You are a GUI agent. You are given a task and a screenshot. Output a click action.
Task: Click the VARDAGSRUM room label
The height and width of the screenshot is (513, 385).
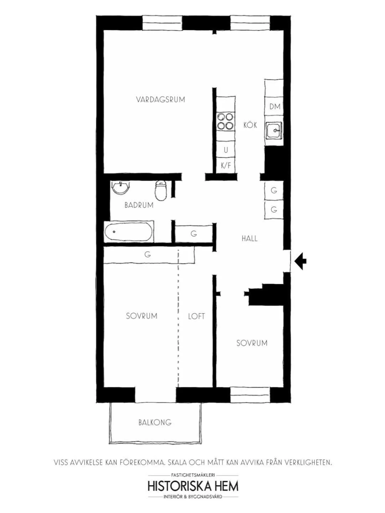160,100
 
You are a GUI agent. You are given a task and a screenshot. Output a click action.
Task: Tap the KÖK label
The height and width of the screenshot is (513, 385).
250,125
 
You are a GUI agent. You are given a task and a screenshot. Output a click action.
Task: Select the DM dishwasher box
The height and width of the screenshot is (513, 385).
274,106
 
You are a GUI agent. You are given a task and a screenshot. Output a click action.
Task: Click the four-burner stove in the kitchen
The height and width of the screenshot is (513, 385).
226,121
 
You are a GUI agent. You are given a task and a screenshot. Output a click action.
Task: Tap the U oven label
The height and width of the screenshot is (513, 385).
226,150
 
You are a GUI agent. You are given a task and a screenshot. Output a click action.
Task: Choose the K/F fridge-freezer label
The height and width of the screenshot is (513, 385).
226,165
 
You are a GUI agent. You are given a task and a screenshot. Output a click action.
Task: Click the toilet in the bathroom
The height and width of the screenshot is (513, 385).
161,190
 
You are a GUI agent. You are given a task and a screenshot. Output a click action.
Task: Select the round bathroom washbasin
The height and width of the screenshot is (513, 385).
120,188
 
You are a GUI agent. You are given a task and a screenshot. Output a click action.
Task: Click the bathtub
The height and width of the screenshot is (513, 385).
129,231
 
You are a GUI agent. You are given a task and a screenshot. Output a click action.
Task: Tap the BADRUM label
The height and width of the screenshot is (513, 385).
139,205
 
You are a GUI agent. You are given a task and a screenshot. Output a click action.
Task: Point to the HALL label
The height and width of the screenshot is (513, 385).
250,239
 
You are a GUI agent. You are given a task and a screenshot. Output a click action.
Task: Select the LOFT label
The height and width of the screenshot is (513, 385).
196,316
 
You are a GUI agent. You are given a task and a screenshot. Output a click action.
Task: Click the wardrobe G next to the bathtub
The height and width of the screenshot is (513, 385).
194,233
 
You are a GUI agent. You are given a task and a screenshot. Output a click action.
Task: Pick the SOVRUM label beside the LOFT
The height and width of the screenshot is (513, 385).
142,316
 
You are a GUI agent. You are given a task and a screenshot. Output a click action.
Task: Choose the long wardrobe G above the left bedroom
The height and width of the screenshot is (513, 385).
149,255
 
